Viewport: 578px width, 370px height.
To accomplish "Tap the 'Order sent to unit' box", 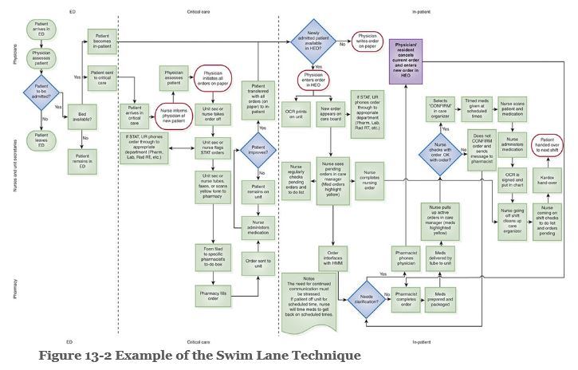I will pyautogui.click(x=259, y=262).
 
